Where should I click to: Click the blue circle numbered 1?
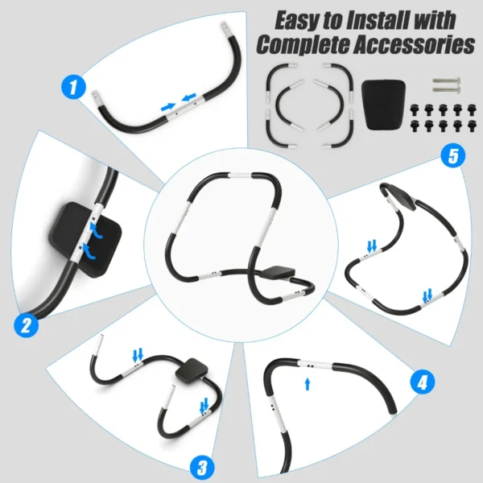(73, 87)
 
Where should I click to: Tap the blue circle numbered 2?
(27, 325)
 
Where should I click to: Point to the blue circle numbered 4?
(419, 382)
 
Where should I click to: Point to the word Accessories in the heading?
(418, 44)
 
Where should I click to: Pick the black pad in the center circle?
(276, 273)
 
